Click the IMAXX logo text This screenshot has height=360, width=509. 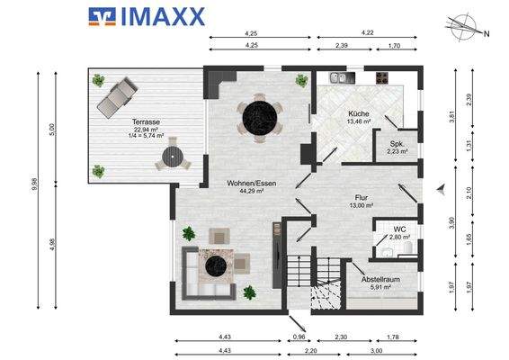tap(163, 16)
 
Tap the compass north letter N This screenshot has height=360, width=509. tap(487, 34)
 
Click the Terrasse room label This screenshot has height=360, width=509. tap(146, 121)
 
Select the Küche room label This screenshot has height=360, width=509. tap(359, 113)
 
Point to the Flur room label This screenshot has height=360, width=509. tap(362, 197)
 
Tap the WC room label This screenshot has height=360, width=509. tap(399, 229)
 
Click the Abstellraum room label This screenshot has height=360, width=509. tap(380, 279)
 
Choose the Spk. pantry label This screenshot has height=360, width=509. tap(397, 144)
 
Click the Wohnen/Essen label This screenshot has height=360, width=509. tap(252, 184)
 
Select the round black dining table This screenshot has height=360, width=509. tap(260, 118)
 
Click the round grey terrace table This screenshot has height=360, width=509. tap(173, 157)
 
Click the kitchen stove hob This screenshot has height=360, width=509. tap(382, 78)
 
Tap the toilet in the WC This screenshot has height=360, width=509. tap(407, 247)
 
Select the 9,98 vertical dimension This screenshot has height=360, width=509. tap(35, 184)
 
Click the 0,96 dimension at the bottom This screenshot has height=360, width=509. tap(299, 337)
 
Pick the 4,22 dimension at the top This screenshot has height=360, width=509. tap(368, 32)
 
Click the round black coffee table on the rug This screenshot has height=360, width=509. tap(216, 266)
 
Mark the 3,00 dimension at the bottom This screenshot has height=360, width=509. tap(376, 351)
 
